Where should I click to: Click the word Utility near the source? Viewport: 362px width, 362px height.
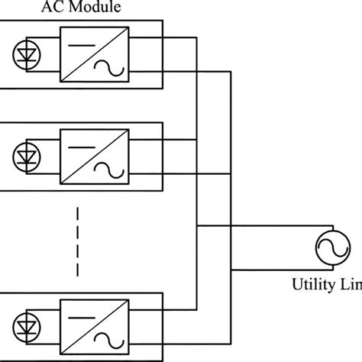point(312,286)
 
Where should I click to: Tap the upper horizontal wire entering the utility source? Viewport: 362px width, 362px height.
point(260,227)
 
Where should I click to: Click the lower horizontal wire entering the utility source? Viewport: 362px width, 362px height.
point(260,269)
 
